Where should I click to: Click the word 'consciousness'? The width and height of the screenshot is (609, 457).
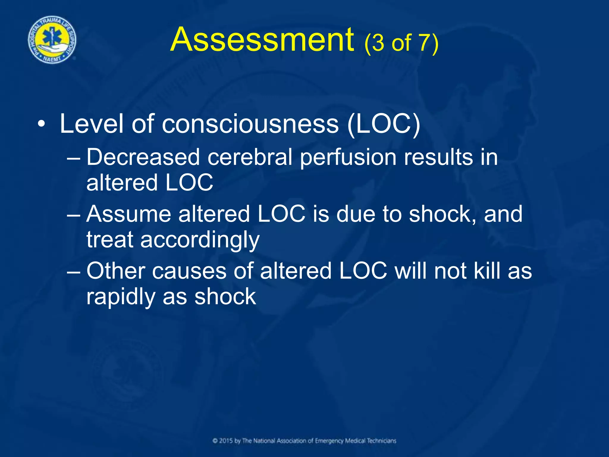[250, 124]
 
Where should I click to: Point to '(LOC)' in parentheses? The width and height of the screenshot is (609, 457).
[384, 124]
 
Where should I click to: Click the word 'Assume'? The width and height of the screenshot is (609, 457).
[128, 214]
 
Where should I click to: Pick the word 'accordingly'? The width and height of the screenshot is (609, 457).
[200, 240]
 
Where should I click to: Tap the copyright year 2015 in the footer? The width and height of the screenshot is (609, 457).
[226, 441]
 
